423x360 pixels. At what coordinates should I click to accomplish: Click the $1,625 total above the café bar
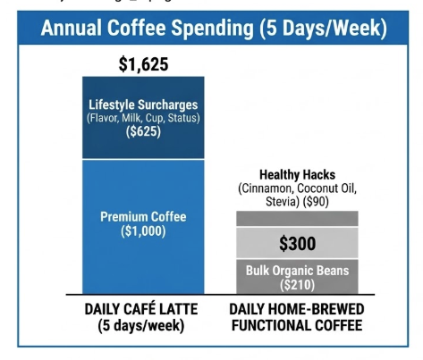(143, 64)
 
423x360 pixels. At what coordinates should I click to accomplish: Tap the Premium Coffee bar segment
(143, 259)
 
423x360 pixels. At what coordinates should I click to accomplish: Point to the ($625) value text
(143, 133)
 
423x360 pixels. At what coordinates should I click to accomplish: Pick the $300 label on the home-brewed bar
(296, 242)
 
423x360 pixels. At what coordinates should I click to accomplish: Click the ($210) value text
(296, 284)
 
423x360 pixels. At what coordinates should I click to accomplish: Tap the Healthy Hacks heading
(296, 174)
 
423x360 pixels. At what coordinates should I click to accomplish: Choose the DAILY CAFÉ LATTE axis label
(143, 309)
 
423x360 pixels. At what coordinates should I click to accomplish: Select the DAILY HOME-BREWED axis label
(296, 309)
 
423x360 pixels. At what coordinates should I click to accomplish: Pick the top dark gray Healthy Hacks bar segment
(296, 218)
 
